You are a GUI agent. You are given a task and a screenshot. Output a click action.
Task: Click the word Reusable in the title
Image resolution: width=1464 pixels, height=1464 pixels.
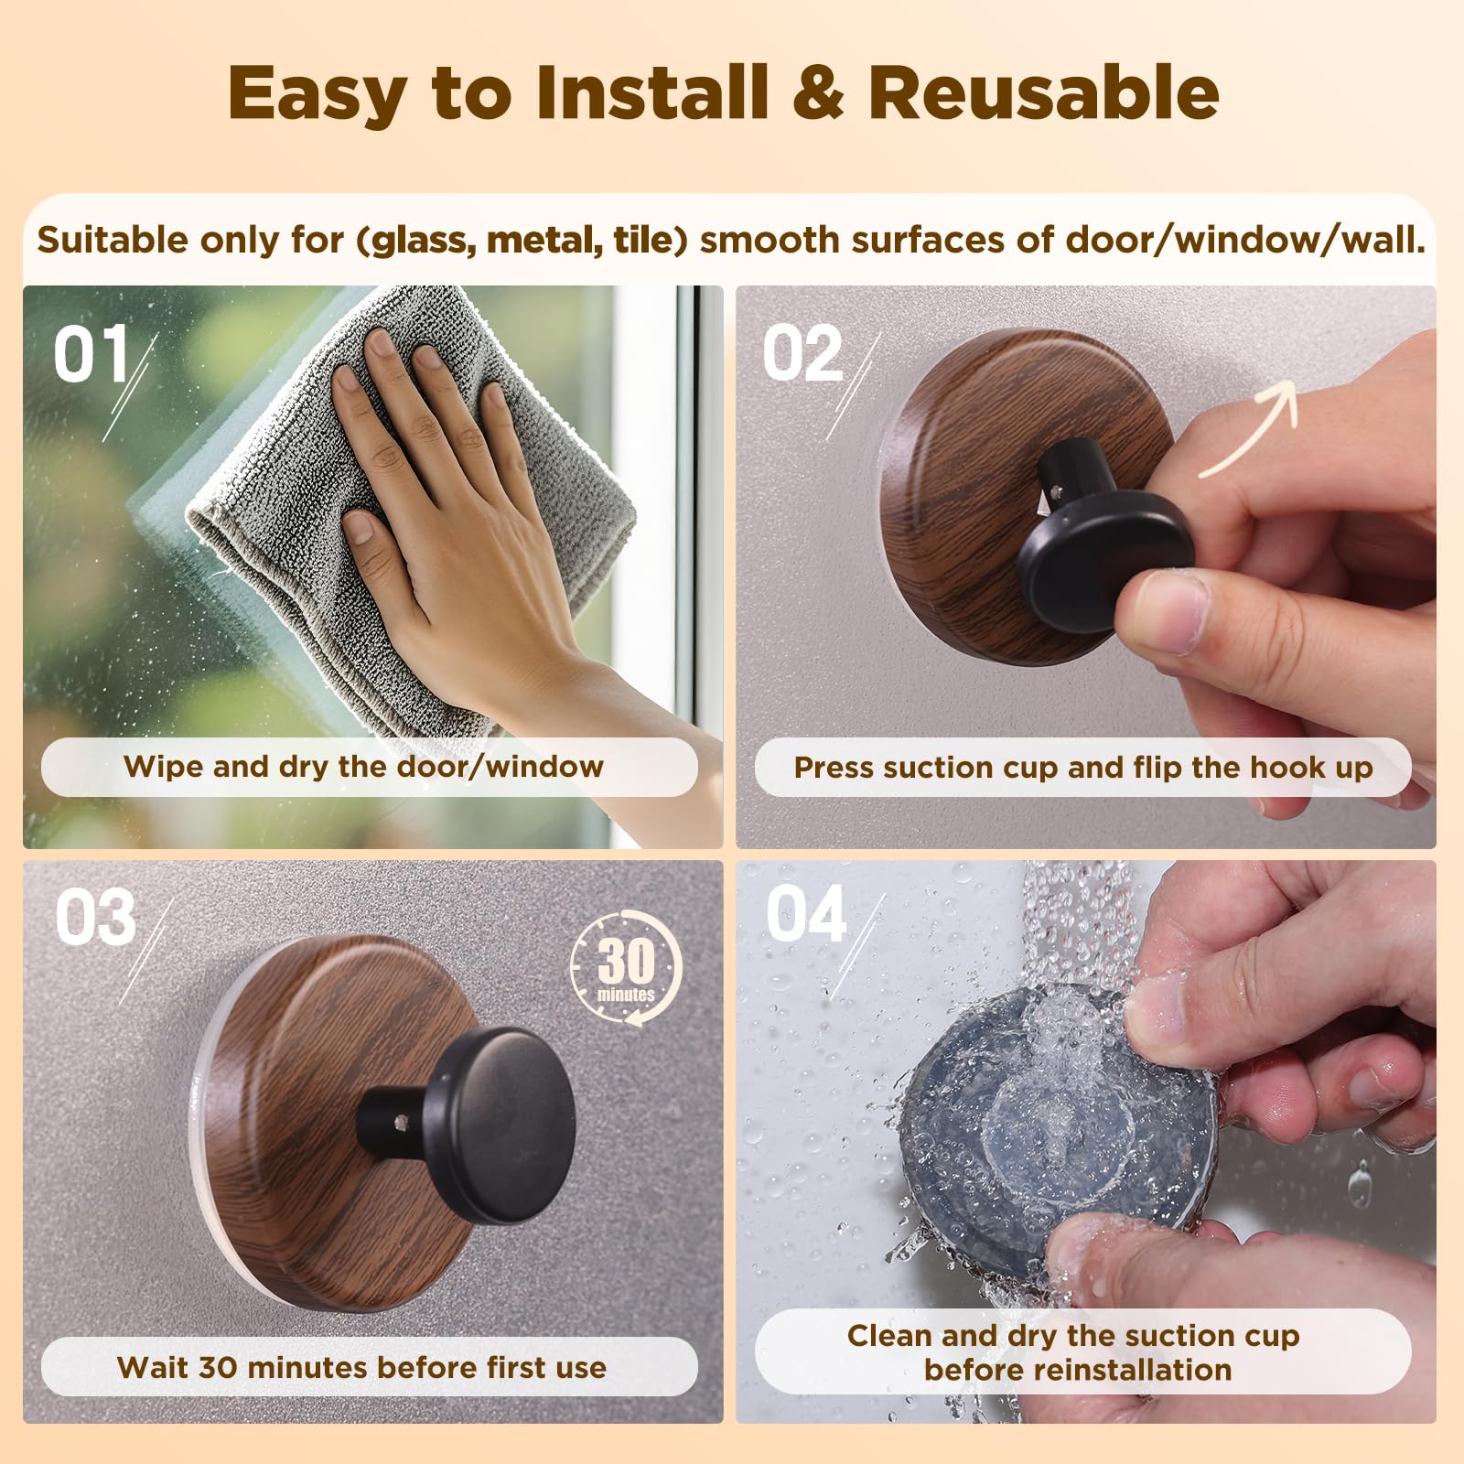[1043, 93]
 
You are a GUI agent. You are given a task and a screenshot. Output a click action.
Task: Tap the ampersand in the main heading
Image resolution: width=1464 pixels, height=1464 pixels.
[817, 93]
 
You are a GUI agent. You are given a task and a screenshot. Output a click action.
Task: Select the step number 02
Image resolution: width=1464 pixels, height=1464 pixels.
[803, 355]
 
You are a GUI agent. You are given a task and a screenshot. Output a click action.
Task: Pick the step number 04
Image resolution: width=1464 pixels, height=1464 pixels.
[806, 914]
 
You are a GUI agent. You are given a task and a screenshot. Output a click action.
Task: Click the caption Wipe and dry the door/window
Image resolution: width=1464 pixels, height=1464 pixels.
[364, 767]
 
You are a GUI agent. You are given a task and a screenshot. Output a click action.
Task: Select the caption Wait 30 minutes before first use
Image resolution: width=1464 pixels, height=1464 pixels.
[362, 1367]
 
